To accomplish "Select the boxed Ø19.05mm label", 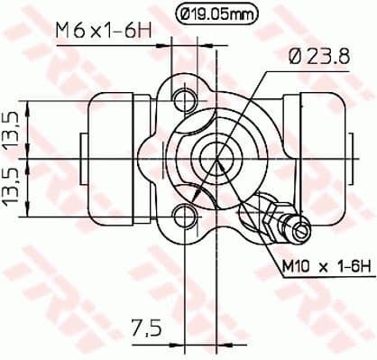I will click(216, 14).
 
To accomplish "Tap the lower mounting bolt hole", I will click(185, 215).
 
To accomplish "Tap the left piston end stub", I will click(84, 157).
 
